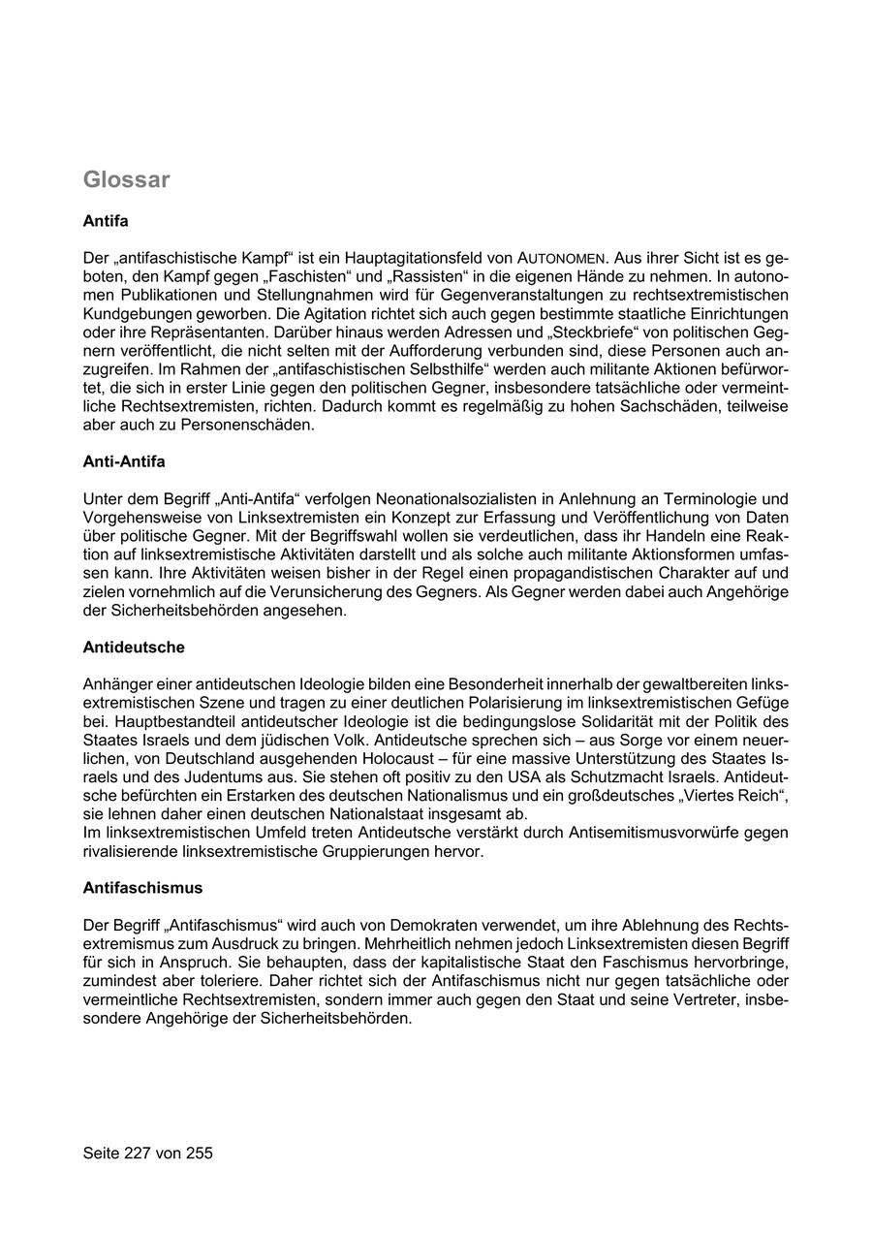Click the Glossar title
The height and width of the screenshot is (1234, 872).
tap(126, 179)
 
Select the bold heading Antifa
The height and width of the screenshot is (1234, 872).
tap(106, 221)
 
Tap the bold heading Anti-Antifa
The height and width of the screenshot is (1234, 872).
tap(124, 461)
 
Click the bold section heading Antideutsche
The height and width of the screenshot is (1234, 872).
tap(134, 647)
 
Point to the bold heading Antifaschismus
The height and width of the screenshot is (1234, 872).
tap(142, 887)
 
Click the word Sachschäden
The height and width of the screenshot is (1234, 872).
tap(646, 406)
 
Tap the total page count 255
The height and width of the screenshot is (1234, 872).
tap(199, 1153)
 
